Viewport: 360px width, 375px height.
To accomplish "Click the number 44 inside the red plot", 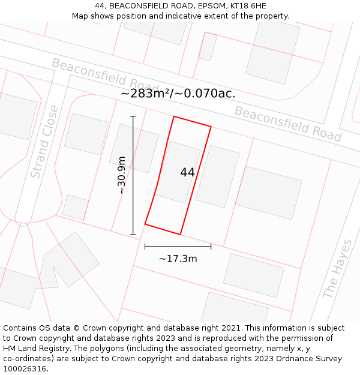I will (x=187, y=172).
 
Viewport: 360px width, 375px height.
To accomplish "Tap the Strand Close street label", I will (x=44, y=142).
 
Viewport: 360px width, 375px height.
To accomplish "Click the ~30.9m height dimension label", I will (x=121, y=175).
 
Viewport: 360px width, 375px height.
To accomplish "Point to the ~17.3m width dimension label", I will (x=178, y=259).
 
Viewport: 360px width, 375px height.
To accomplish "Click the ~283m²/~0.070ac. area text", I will (x=178, y=93).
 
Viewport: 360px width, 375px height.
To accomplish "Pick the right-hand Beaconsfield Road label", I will (x=287, y=124).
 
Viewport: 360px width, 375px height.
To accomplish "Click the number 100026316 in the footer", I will (x=25, y=368).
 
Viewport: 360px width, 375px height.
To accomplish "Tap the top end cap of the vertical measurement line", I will (x=133, y=116).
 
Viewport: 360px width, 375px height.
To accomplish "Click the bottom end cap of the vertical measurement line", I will (x=133, y=235).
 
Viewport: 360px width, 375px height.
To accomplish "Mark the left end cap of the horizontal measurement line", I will (x=145, y=246).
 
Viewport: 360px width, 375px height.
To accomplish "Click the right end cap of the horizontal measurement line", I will (x=211, y=246).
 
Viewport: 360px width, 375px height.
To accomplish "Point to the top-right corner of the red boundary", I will (x=211, y=126).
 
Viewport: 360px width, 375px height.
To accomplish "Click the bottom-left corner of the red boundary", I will (x=145, y=225).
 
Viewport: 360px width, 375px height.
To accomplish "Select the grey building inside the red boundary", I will (x=178, y=172).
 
